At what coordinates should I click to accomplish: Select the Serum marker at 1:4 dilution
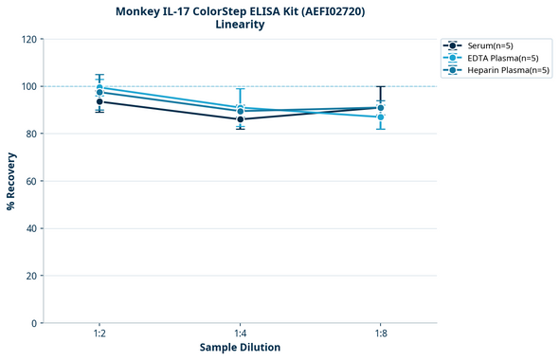click(241, 119)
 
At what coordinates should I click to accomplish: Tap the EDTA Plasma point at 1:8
click(381, 117)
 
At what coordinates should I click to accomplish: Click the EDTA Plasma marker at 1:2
click(99, 88)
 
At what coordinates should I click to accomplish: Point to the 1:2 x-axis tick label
click(99, 333)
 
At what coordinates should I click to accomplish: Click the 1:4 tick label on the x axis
click(241, 333)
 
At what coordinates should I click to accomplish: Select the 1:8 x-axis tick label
click(381, 333)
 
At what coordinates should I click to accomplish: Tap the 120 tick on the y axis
click(28, 39)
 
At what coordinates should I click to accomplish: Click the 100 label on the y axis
click(28, 86)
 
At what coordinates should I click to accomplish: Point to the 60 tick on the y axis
click(31, 181)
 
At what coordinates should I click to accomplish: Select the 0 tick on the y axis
click(34, 323)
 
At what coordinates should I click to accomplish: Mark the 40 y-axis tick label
click(31, 228)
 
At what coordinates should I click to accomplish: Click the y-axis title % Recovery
click(11, 181)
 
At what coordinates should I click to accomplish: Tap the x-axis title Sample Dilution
click(240, 348)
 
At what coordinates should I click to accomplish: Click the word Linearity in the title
click(240, 25)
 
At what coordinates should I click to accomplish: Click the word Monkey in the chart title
click(138, 10)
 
